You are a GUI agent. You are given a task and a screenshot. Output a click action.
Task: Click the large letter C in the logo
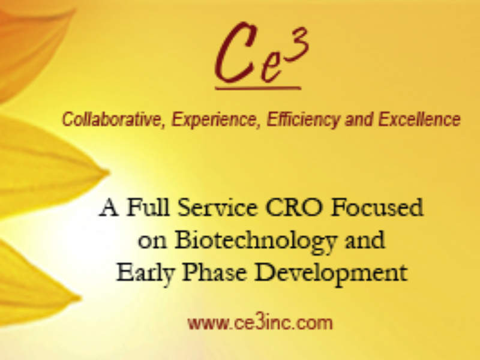[235, 55]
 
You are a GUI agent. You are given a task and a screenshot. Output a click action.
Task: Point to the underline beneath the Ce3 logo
[257, 88]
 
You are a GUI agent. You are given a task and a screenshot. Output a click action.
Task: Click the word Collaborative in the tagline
[113, 119]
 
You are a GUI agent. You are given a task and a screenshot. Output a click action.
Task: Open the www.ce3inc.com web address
[259, 323]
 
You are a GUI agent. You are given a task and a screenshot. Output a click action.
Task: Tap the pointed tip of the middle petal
[107, 174]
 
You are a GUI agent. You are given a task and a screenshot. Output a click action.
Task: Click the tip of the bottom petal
[79, 296]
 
